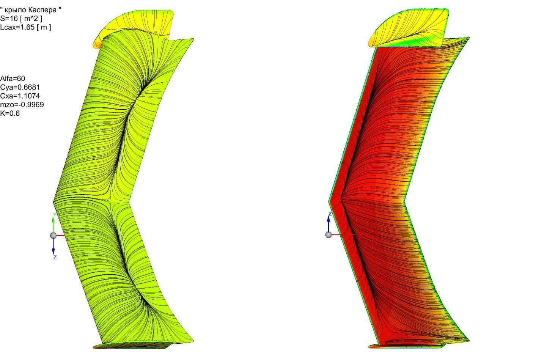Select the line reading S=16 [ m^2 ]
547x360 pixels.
pos(21,18)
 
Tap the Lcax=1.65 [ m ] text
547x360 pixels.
pos(26,27)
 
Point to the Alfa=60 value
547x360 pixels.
pos(13,79)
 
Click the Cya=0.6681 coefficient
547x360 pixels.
pos(20,87)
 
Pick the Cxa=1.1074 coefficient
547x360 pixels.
pos(20,96)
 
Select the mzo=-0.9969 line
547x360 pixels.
pos(22,105)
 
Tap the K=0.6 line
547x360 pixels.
pos(10,113)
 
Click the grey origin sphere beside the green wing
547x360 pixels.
pos(53,236)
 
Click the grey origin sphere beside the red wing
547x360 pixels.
pos(329,235)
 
